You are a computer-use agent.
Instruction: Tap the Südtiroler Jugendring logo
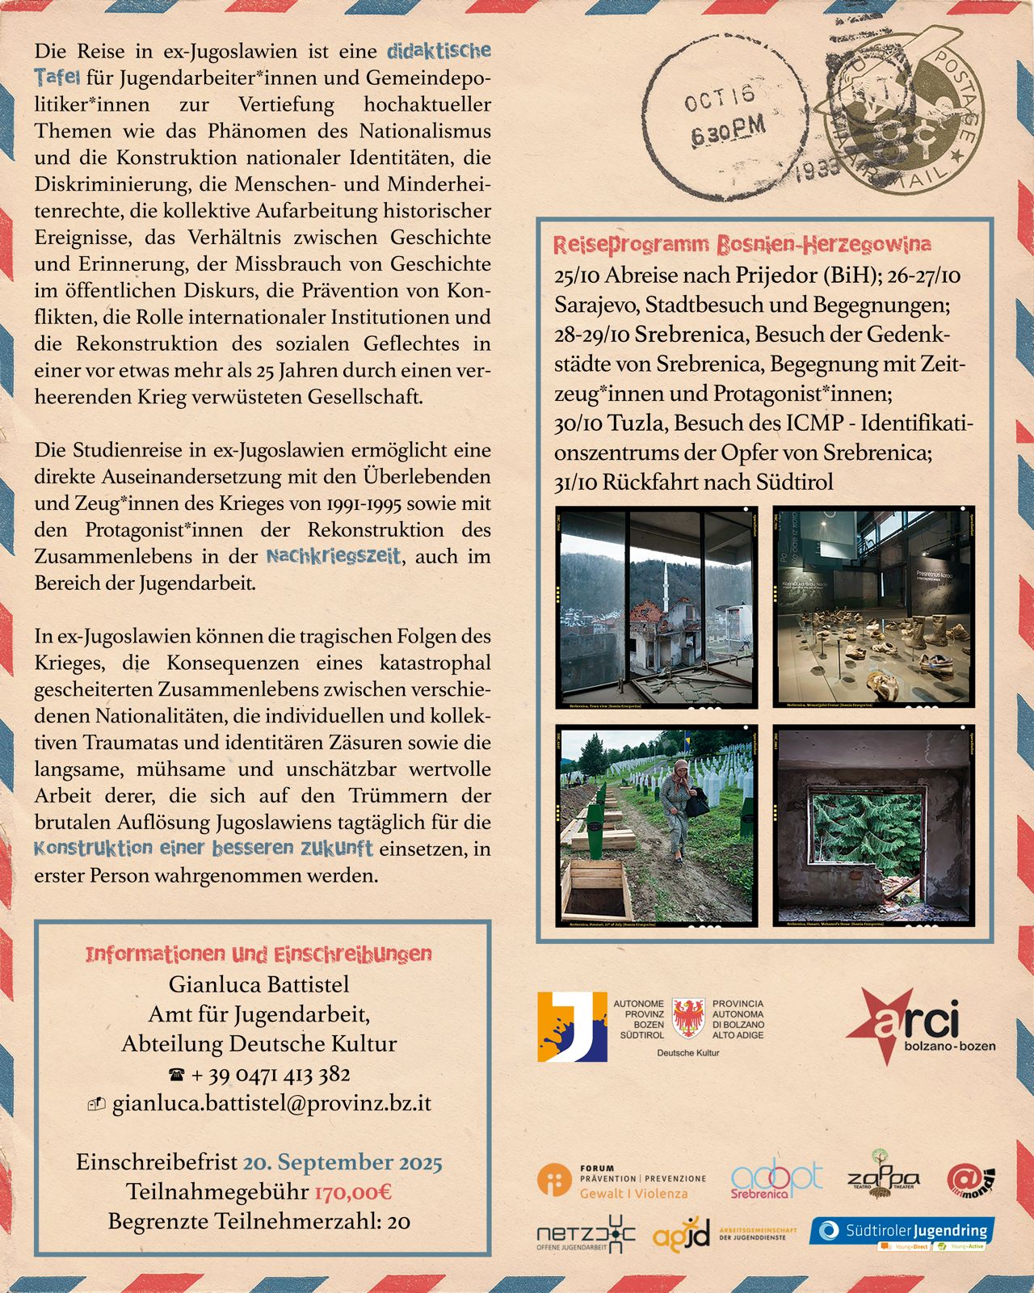click(902, 1232)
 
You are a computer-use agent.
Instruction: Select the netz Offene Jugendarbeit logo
click(586, 1234)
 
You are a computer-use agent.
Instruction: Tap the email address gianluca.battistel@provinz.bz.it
click(271, 1103)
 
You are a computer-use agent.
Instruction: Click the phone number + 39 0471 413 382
click(270, 1074)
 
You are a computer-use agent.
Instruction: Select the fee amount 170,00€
click(353, 1191)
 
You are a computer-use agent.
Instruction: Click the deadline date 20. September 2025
click(343, 1162)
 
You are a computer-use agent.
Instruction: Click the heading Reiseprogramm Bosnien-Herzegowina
click(742, 244)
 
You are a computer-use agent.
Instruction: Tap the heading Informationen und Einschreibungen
click(258, 954)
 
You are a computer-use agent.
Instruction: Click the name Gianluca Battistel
click(258, 984)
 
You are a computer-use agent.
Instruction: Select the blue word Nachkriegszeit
click(333, 556)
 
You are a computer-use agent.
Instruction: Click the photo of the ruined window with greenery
click(873, 825)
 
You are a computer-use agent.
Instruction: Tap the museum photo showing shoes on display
click(873, 608)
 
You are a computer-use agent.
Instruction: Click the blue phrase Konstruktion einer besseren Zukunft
click(204, 849)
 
